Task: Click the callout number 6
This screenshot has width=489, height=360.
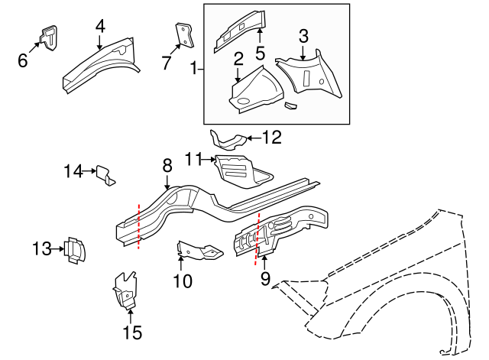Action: coord(23,60)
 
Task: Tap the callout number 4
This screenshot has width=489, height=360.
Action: coord(99,25)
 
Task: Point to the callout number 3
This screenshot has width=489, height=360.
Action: coord(303,35)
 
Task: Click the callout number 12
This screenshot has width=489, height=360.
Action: coord(271,138)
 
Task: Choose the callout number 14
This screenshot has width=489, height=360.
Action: coord(73,171)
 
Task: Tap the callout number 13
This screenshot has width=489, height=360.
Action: coord(42,248)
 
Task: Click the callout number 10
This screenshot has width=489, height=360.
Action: coord(183,281)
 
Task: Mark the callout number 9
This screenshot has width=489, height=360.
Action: coord(265,279)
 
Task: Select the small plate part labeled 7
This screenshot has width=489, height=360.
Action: coord(184,34)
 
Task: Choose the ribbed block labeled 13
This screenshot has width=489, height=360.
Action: coord(75,249)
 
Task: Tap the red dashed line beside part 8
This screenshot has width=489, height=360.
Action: coord(138,226)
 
